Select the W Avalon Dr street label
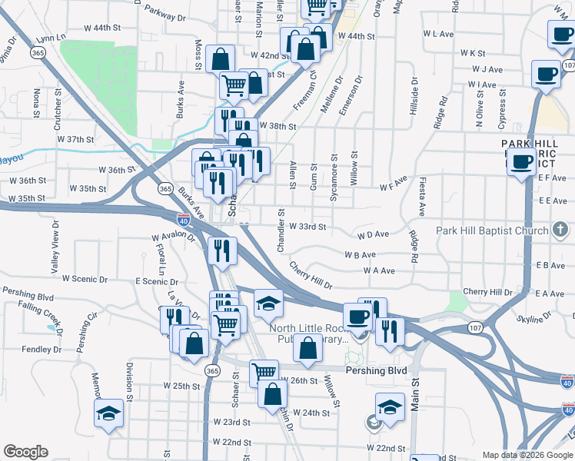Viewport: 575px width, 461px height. click(174, 237)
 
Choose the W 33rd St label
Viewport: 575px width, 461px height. click(307, 227)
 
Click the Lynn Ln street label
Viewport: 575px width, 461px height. click(52, 37)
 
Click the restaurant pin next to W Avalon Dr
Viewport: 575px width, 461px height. click(219, 249)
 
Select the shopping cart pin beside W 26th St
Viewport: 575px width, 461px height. click(264, 372)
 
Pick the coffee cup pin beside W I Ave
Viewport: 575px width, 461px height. click(546, 75)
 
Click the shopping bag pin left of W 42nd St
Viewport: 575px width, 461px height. click(221, 59)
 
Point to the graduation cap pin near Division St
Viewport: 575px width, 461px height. click(108, 413)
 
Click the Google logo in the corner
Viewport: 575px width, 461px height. click(25, 452)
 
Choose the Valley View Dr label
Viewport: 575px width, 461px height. click(55, 246)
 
